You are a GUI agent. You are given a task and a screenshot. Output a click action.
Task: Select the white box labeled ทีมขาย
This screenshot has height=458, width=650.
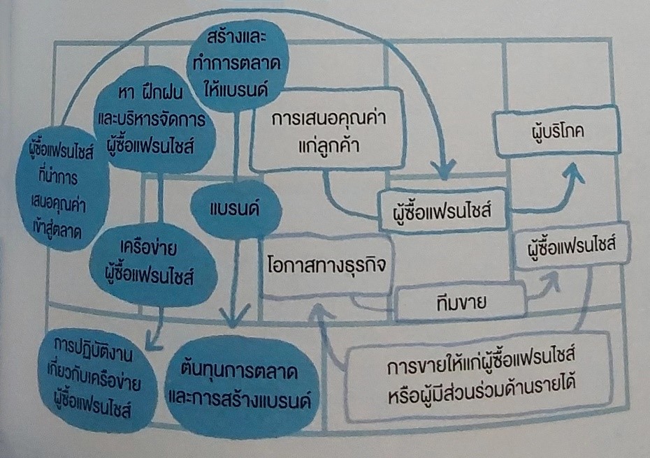(460, 303)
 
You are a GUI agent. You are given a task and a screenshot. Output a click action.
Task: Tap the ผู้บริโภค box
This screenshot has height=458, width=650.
(557, 132)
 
